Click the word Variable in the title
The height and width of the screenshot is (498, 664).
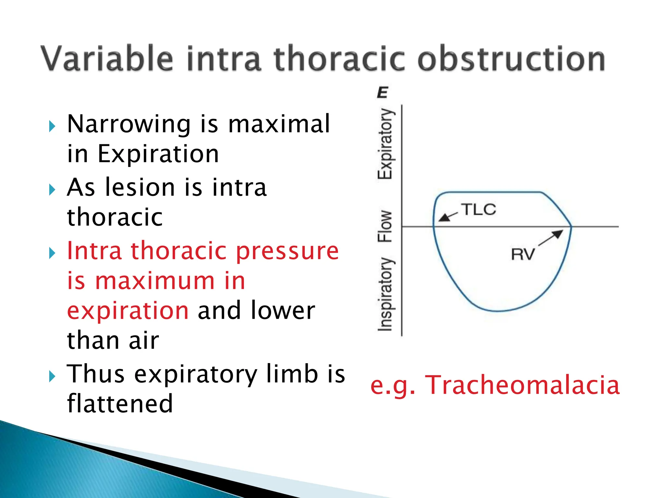tap(107, 58)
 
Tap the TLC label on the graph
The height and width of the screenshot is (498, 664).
tap(479, 209)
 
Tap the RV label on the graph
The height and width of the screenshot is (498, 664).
tap(522, 254)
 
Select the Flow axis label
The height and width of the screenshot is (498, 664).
tap(385, 226)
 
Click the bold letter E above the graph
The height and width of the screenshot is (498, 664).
tap(383, 93)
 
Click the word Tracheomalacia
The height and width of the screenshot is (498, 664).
tap(522, 385)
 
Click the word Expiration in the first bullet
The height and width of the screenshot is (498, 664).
tap(158, 154)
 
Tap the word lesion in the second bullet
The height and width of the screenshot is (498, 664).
tap(140, 187)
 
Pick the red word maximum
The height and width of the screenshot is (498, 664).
tap(155, 281)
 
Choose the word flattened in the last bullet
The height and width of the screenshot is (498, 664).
tap(120, 403)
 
